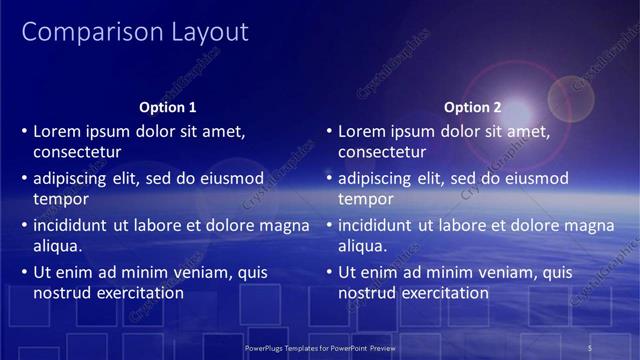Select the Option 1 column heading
click(168, 107)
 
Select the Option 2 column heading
click(473, 107)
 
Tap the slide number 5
click(590, 348)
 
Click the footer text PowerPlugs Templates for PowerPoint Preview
click(320, 348)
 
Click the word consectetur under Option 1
click(77, 152)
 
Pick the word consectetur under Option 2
click(382, 152)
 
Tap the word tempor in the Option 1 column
click(61, 199)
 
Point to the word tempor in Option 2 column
click(366, 199)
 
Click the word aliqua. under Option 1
click(58, 246)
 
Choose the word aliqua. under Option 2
click(363, 246)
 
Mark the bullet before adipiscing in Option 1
click(25, 179)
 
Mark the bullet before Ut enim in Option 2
click(330, 273)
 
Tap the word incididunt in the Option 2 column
click(378, 225)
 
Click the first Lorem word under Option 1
click(56, 131)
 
